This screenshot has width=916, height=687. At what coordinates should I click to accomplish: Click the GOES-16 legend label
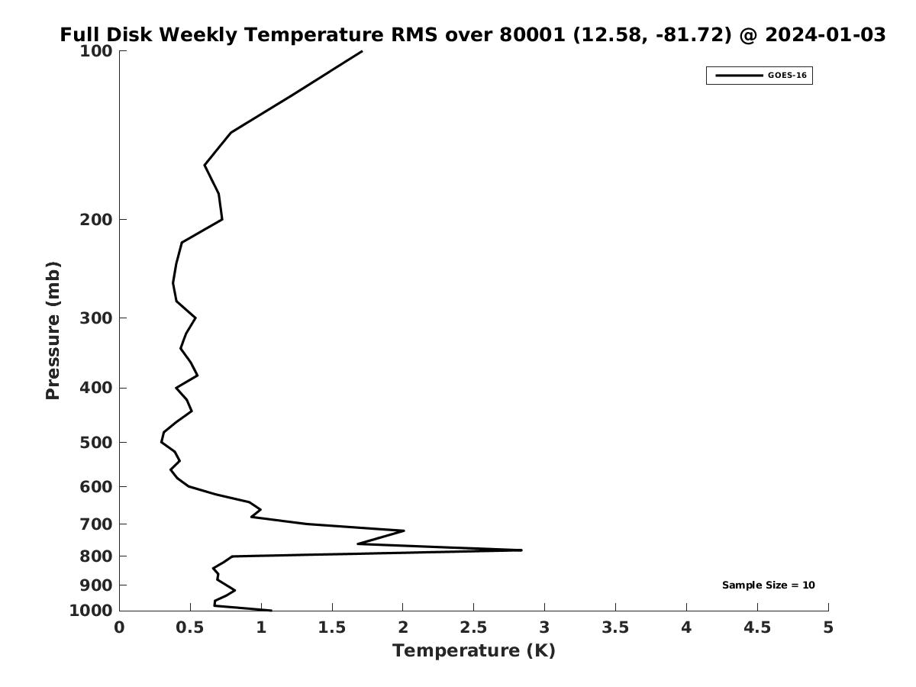point(787,76)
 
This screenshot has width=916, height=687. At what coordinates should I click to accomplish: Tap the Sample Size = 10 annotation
point(768,585)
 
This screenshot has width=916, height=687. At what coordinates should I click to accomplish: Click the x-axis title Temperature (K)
point(473,650)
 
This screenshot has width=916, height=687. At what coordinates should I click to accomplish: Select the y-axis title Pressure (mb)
point(53,331)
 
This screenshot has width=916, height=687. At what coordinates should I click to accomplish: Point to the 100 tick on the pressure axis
point(97,51)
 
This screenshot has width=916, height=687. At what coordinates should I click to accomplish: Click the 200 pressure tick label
point(97,220)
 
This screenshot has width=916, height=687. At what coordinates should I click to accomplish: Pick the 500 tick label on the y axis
point(97,443)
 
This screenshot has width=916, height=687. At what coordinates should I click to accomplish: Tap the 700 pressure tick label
point(97,524)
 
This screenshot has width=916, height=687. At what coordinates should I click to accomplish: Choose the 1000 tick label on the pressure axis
point(92,611)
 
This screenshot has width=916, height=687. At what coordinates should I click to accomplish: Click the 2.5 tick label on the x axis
point(473,627)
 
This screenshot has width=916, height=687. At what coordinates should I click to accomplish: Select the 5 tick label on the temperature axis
point(828,627)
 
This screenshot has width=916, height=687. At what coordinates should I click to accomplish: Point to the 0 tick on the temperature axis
point(119,627)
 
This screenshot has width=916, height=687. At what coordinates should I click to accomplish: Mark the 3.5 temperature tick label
point(615,627)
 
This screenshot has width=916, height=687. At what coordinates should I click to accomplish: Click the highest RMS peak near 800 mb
point(521,550)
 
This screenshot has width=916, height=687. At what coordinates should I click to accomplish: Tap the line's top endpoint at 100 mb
point(362,51)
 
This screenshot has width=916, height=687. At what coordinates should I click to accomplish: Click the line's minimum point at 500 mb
point(161,442)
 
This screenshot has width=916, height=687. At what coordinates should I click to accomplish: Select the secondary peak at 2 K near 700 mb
point(404,531)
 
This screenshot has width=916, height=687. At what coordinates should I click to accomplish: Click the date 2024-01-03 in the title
point(825,35)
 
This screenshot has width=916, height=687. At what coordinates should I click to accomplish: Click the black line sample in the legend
point(739,76)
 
